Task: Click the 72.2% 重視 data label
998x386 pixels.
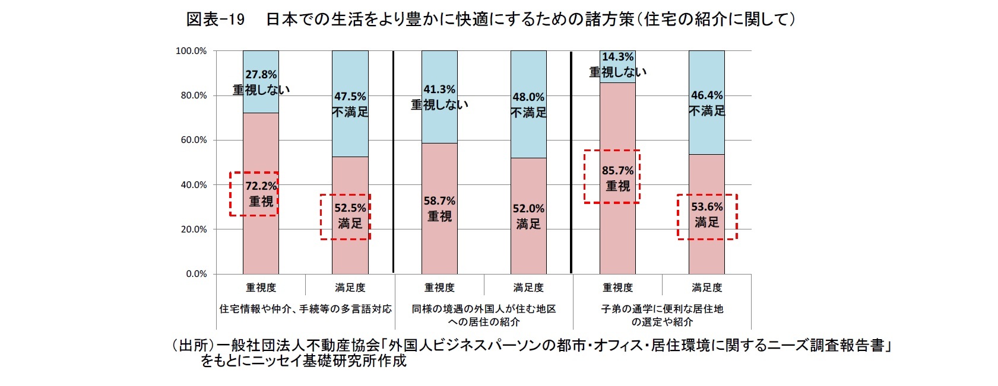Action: (x=261, y=194)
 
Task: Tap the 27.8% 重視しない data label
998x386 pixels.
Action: (x=261, y=82)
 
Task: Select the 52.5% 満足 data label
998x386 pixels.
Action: (x=350, y=216)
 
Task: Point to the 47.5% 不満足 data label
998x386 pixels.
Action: (x=350, y=104)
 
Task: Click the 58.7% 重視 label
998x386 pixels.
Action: (x=439, y=209)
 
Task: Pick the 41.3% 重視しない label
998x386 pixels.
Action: (x=439, y=97)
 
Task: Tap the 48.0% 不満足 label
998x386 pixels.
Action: (x=528, y=104)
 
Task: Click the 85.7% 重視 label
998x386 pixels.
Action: (x=617, y=178)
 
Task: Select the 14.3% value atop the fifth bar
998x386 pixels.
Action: (x=617, y=57)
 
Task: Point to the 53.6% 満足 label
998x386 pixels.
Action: (x=706, y=215)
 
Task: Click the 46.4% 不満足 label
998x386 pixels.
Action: (x=706, y=103)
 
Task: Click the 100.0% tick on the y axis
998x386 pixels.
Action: (x=191, y=51)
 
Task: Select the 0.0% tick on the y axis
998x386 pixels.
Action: (x=197, y=274)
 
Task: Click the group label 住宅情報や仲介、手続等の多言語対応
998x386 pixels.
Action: (x=305, y=309)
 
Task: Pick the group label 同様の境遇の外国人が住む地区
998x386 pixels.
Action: (x=484, y=309)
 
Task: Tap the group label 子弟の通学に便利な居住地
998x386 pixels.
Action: (x=662, y=309)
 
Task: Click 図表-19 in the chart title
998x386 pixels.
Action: (x=215, y=20)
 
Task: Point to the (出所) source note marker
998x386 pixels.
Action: (x=192, y=346)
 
